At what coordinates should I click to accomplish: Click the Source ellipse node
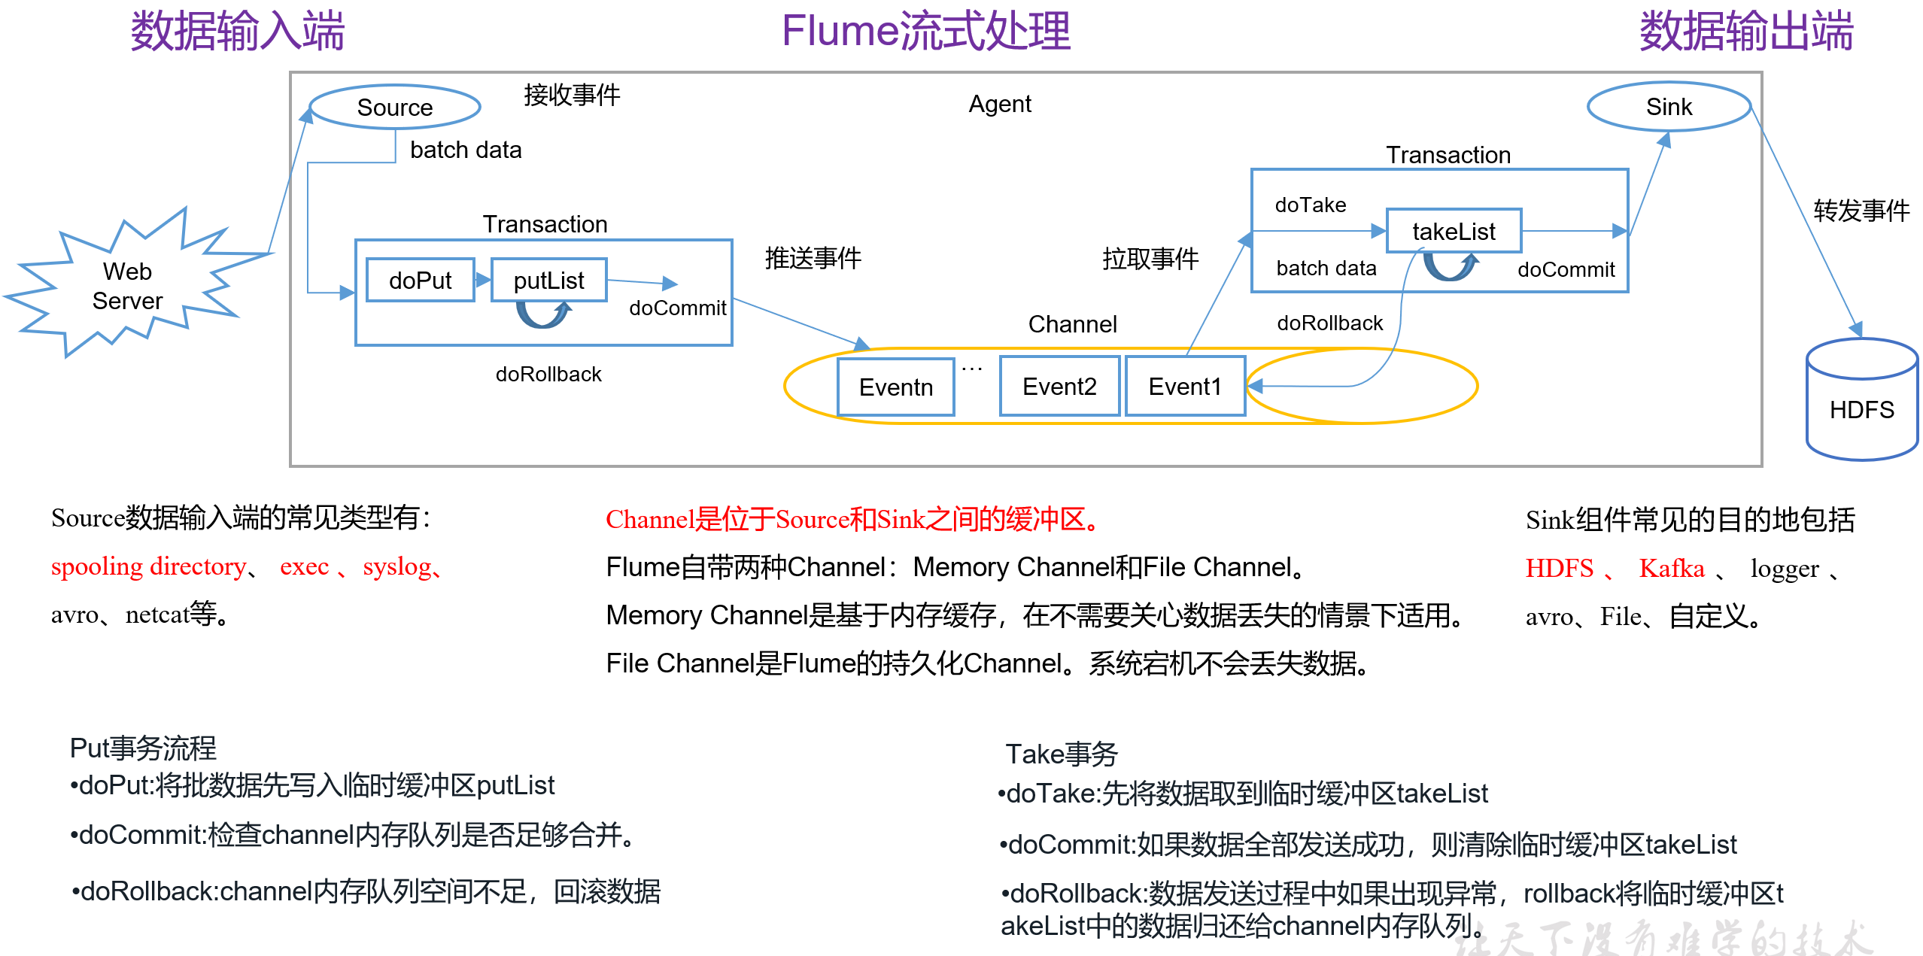click(395, 107)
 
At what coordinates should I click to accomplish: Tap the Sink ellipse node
click(1669, 107)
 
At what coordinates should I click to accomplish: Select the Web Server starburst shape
click(128, 286)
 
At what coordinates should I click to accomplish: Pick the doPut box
click(420, 281)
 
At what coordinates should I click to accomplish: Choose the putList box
click(548, 281)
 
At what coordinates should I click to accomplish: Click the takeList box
click(1454, 231)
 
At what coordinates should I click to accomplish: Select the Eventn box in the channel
click(895, 387)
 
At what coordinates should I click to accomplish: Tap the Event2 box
click(1059, 386)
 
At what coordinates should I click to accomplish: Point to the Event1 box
click(1185, 386)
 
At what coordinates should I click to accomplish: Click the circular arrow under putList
click(543, 314)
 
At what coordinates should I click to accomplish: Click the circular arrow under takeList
click(1451, 266)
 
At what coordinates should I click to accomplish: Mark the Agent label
click(999, 104)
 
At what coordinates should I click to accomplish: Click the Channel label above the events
click(1072, 324)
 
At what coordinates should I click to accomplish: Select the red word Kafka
click(1672, 568)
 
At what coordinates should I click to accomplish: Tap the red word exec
click(304, 566)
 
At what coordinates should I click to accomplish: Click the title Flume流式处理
click(926, 32)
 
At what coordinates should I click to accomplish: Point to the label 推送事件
click(813, 258)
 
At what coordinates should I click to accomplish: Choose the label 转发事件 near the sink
click(1861, 211)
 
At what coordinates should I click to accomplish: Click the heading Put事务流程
click(143, 748)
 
